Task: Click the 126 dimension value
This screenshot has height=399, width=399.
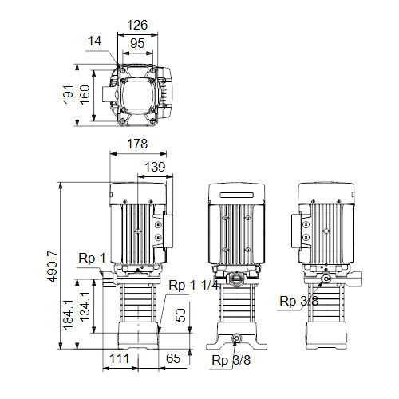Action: point(137,25)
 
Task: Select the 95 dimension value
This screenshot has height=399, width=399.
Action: point(137,43)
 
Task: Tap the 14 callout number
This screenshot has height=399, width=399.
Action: point(94,41)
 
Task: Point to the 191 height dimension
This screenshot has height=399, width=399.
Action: point(68,94)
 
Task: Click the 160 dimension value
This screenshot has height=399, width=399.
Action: point(85,94)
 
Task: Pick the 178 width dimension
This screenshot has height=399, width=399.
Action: point(137,144)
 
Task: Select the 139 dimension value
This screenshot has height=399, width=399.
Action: point(155,167)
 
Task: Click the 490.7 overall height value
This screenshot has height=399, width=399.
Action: point(52,266)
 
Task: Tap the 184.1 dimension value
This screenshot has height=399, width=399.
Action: point(68,314)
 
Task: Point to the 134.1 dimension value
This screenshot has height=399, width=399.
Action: point(85,306)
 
